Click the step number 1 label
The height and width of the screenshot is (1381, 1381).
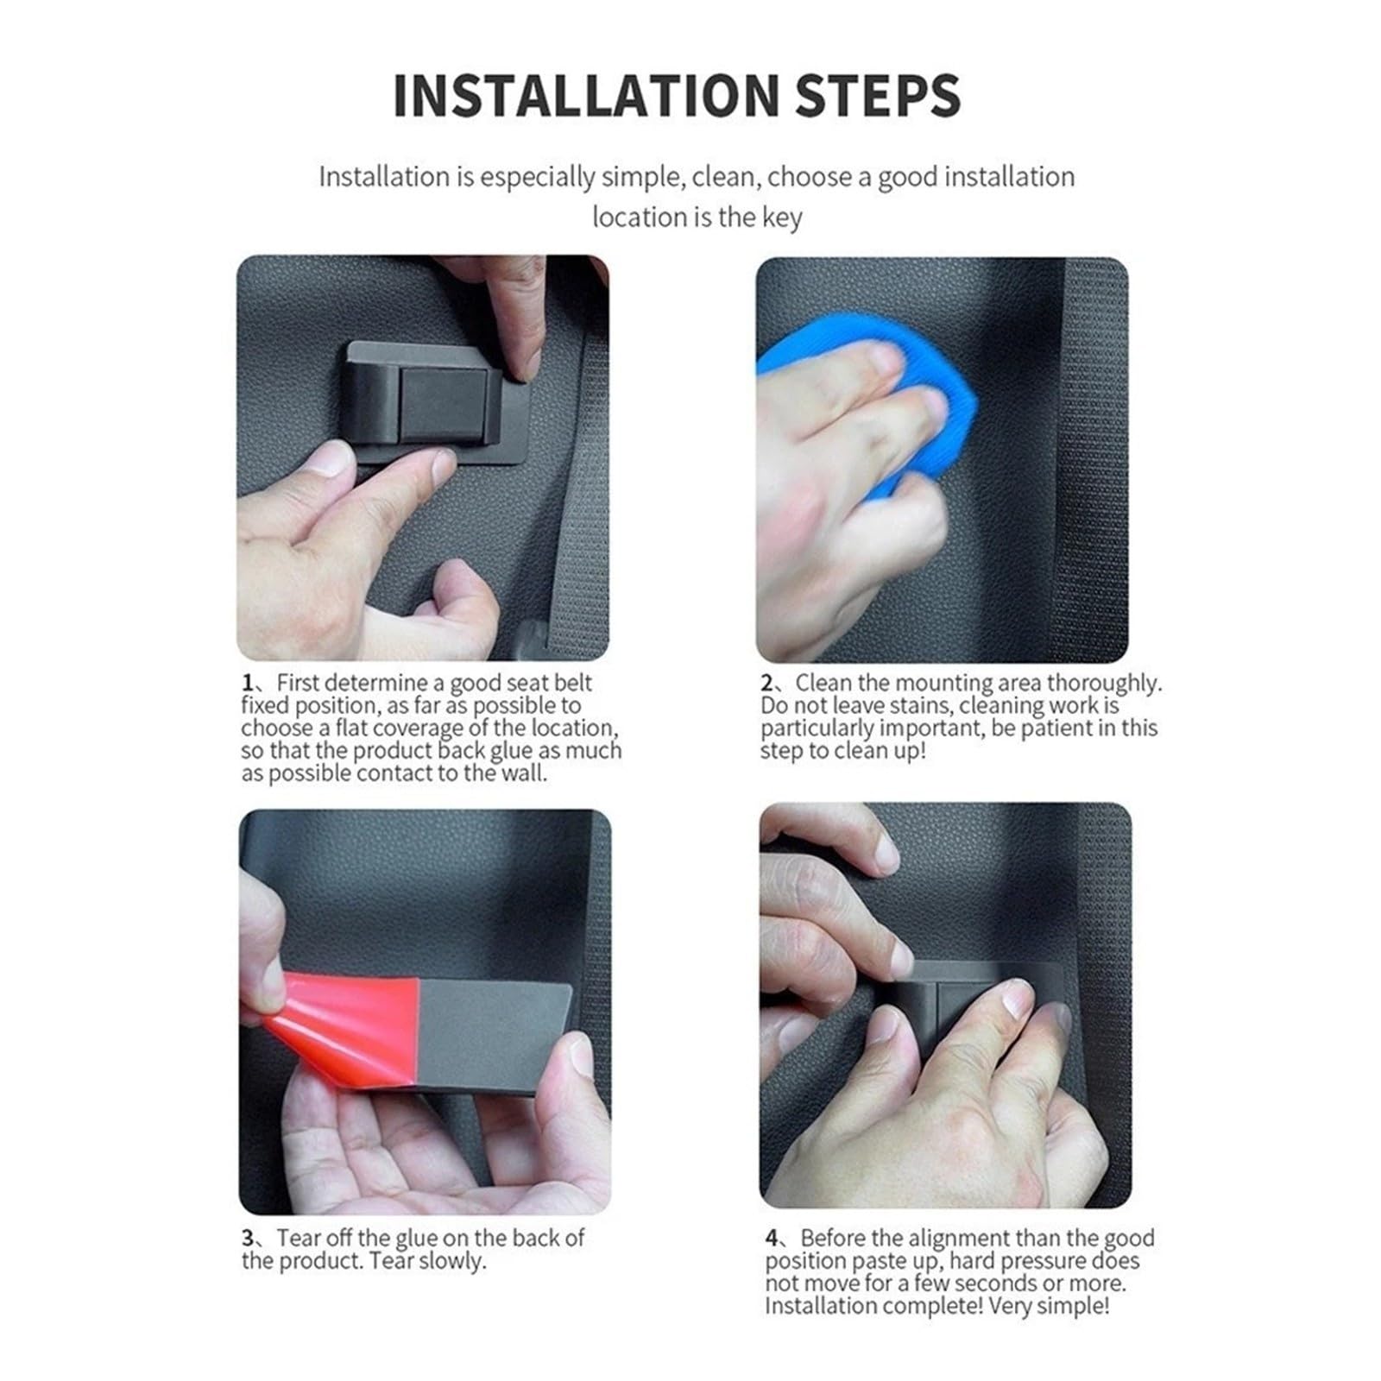[248, 683]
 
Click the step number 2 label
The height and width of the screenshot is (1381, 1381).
[767, 683]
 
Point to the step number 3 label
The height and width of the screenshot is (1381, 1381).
[248, 1238]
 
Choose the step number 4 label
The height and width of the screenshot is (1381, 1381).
[772, 1238]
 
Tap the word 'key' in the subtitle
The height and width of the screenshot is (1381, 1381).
[782, 218]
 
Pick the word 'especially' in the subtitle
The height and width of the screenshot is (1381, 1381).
[534, 177]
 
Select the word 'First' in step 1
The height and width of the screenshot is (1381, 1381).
[298, 683]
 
